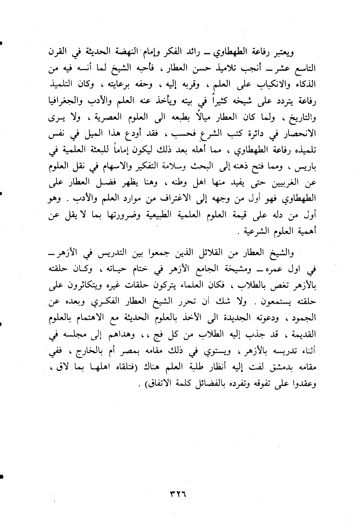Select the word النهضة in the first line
(x=201, y=52)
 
